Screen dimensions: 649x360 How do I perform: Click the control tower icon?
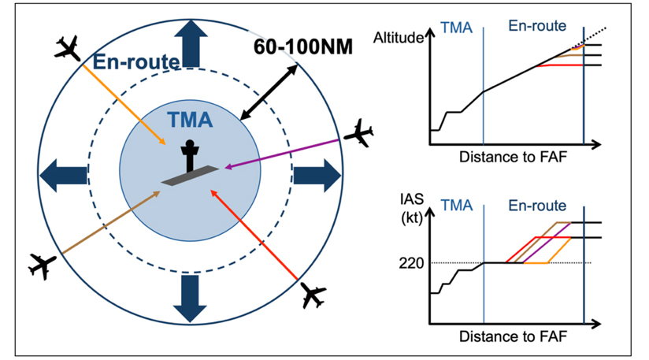click(x=190, y=156)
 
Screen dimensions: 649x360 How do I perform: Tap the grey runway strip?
click(x=190, y=176)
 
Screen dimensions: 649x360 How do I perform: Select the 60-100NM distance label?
click(x=303, y=46)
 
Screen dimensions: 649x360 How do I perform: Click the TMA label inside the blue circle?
click(x=190, y=120)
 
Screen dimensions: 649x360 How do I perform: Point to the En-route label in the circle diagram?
click(x=136, y=61)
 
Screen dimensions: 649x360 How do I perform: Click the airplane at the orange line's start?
click(x=68, y=48)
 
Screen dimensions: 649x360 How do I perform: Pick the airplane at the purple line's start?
click(x=358, y=133)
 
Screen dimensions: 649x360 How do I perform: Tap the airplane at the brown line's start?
click(x=42, y=266)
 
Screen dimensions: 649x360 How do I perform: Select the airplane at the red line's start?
click(x=313, y=295)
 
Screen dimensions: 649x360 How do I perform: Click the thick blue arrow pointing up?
click(x=191, y=43)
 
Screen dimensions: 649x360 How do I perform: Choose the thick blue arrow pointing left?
click(x=63, y=176)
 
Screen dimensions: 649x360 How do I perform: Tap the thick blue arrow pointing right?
click(x=317, y=176)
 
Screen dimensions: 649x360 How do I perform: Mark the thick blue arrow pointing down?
click(x=190, y=299)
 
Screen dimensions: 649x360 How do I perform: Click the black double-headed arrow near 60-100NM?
click(x=269, y=92)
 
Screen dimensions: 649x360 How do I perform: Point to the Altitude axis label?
click(x=399, y=38)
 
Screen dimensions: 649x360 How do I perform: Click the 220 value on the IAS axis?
click(x=411, y=263)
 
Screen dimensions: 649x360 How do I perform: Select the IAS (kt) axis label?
click(x=412, y=208)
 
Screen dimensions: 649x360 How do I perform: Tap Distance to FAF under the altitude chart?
click(x=513, y=158)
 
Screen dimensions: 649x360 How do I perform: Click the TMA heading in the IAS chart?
click(x=457, y=206)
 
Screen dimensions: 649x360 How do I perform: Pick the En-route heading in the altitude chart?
click(x=537, y=26)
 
